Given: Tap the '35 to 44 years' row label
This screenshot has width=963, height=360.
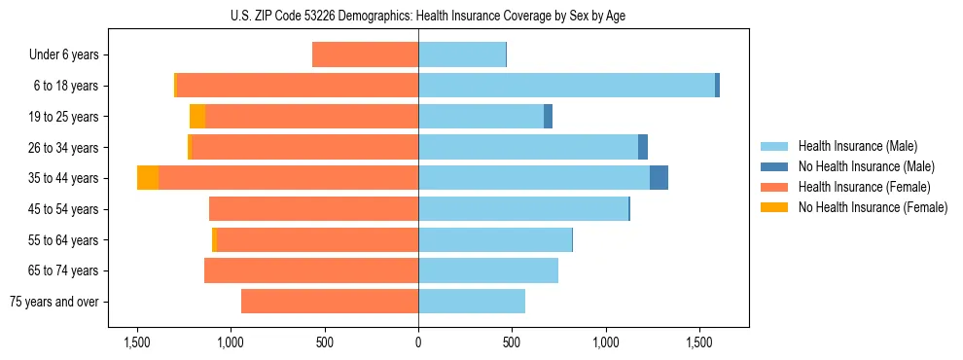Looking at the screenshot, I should [64, 178].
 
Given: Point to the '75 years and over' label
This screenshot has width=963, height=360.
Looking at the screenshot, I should [54, 302].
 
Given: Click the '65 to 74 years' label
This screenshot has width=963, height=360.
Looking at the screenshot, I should [64, 270].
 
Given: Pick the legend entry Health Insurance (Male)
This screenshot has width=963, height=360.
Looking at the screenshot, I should [856, 146].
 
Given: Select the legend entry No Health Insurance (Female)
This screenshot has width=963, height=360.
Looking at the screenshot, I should [873, 207].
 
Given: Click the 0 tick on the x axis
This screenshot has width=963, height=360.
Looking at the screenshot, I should [418, 343].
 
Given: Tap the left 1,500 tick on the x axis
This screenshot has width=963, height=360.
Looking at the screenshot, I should [137, 343].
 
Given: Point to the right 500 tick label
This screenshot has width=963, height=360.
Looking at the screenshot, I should [513, 343].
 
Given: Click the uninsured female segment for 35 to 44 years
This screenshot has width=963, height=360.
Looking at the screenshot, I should [148, 178].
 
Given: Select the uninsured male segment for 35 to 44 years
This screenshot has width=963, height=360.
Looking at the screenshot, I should [659, 178].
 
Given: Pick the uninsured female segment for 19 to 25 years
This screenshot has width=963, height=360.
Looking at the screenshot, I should [197, 117].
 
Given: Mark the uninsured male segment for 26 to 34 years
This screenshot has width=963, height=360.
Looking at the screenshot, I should [643, 147].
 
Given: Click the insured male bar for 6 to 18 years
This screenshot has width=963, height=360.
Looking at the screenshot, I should [566, 86].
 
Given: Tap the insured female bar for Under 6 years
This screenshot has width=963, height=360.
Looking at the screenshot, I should [365, 55].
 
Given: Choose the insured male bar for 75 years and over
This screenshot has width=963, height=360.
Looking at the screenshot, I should [472, 302].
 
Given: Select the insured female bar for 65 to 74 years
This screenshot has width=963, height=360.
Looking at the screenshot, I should [311, 270].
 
